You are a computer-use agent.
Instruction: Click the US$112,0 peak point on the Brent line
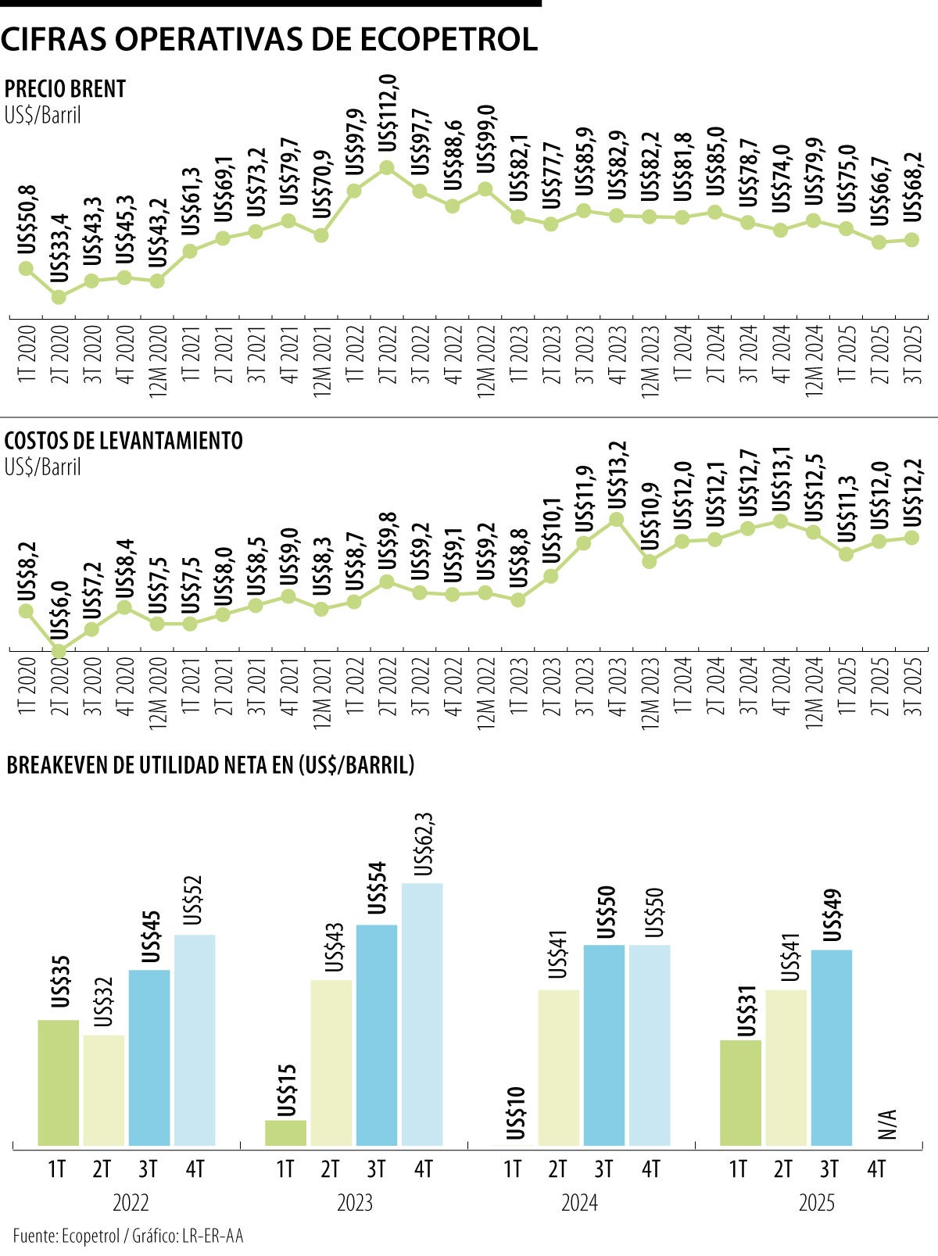386,167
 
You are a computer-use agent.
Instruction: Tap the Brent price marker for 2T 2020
59,297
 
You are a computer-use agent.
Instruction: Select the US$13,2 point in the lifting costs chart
616,518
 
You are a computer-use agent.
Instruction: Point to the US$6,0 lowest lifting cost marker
59,650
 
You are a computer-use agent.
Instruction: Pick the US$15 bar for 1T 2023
285,1133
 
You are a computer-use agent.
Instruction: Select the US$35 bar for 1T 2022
58,1082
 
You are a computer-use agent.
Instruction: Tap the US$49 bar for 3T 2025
832,1047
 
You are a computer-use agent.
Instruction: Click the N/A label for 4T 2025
887,1123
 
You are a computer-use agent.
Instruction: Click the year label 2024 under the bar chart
579,1203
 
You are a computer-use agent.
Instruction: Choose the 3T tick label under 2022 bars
148,1169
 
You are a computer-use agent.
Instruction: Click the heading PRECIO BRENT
65,89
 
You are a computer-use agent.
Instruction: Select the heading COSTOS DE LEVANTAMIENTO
124,441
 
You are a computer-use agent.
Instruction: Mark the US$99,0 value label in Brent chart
485,138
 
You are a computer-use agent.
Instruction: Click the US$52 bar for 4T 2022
195,1040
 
